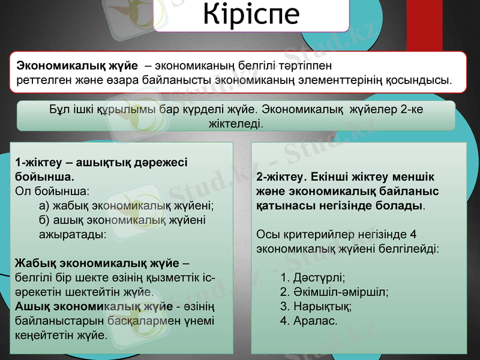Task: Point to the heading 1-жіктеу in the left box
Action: (37, 162)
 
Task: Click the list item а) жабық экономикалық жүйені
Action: (127, 206)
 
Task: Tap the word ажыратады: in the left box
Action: (73, 235)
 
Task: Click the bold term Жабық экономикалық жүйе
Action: (97, 263)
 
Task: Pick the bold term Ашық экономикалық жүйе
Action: (92, 307)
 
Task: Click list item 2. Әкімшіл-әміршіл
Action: (334, 292)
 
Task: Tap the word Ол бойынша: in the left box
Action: (52, 191)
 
